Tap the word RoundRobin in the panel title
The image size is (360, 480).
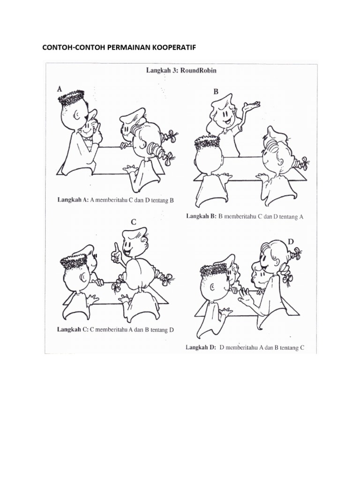[x=198, y=70]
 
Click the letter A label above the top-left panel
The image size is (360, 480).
[x=60, y=89]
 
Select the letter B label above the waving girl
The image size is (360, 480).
[x=216, y=91]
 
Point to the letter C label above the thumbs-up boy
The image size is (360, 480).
[x=134, y=222]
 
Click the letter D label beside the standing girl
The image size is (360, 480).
[x=291, y=242]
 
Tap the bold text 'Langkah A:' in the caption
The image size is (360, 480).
[x=73, y=201]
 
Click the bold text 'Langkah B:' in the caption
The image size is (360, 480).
[x=202, y=217]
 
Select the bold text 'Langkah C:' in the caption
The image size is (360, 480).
[x=73, y=330]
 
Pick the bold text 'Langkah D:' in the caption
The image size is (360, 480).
[x=201, y=348]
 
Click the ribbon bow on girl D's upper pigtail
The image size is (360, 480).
[x=297, y=253]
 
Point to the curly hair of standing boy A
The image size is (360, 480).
[x=71, y=96]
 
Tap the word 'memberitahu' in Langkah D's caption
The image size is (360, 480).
[x=241, y=348]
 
